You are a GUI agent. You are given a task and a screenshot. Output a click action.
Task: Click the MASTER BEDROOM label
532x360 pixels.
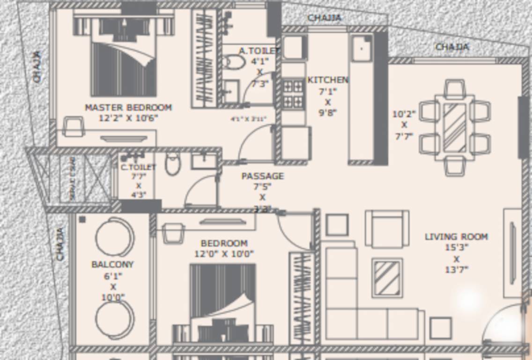click(x=128, y=107)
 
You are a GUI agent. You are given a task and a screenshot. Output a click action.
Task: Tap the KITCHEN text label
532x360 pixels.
click(x=328, y=80)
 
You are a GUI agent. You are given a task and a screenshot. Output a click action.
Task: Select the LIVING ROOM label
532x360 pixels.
click(x=456, y=237)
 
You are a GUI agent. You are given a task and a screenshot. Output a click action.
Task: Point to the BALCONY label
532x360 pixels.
click(x=112, y=264)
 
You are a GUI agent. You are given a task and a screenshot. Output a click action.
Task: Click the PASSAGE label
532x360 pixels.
click(x=262, y=176)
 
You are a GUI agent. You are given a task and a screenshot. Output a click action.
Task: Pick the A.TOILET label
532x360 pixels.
click(x=259, y=51)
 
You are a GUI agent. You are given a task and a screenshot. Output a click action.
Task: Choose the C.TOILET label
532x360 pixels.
click(x=138, y=167)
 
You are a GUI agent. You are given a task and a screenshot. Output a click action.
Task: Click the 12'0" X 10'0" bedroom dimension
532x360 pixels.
click(x=224, y=254)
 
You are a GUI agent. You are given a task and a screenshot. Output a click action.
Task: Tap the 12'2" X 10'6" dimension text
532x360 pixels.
click(x=128, y=118)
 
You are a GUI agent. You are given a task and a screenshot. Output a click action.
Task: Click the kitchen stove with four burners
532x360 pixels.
click(x=293, y=94)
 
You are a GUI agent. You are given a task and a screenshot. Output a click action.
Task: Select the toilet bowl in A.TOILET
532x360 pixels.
click(x=234, y=62)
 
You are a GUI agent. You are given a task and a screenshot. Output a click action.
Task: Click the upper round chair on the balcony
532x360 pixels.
click(x=115, y=237)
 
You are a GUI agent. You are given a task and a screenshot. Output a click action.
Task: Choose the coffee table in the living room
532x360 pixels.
click(x=387, y=277)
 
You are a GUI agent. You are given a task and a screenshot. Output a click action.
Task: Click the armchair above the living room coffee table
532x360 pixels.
click(x=387, y=229)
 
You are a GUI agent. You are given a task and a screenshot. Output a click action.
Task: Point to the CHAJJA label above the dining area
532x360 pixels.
click(x=452, y=47)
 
